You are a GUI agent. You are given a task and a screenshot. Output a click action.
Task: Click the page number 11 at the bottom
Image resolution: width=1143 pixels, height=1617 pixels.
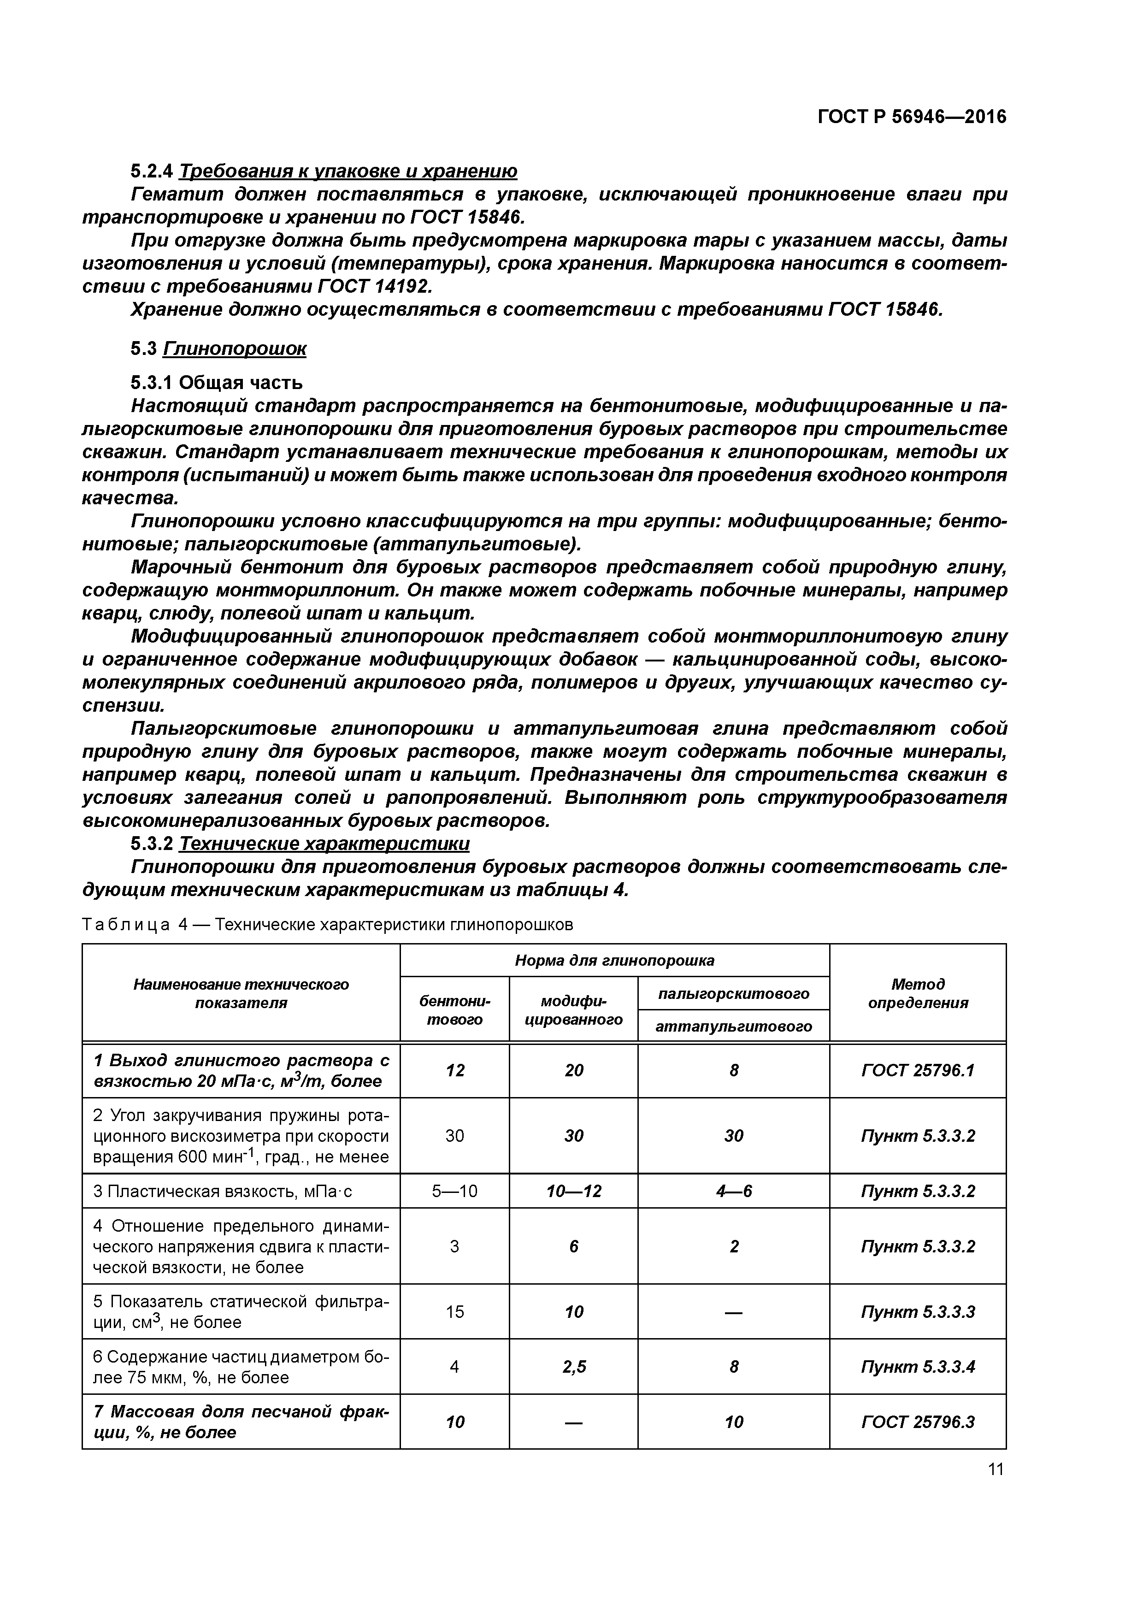995,1469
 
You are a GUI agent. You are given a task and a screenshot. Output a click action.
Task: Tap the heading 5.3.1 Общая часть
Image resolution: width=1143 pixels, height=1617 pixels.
217,383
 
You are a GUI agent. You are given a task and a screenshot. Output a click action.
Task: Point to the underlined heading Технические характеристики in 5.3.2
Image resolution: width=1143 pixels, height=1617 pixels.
324,843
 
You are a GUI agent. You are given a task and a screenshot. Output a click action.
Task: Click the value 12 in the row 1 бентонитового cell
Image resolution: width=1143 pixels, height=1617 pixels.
454,1070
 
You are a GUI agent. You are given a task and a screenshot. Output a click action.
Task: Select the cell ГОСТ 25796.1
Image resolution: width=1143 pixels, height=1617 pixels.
917,1070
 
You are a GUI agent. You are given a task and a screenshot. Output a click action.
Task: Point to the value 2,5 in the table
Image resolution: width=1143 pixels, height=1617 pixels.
573,1367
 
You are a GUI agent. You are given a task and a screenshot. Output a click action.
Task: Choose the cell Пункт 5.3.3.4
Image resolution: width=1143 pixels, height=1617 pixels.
917,1367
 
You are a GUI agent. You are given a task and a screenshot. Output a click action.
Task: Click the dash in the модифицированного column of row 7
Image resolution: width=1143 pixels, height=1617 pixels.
573,1422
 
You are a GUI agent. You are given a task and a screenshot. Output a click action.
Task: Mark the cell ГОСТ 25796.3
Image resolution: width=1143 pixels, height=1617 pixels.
917,1422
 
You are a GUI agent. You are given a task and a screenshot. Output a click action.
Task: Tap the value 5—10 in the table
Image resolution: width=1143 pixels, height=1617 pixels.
454,1191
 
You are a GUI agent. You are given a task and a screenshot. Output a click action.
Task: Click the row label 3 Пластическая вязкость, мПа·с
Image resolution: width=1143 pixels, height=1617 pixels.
223,1192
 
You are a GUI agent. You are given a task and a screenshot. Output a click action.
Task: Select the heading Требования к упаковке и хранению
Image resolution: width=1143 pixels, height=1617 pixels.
348,171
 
